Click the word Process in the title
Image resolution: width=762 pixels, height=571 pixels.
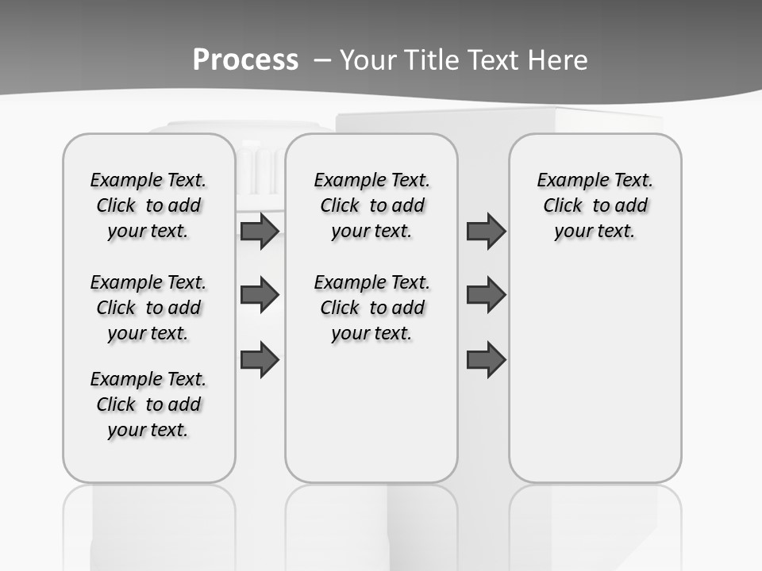tap(245, 59)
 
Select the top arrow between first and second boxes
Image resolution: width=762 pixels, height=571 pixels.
tap(260, 232)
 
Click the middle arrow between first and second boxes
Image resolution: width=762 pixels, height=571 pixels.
tap(260, 295)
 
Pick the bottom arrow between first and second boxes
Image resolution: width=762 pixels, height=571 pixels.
tap(260, 360)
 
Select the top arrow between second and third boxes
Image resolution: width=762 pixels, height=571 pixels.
tap(486, 232)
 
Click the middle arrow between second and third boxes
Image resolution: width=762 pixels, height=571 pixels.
tap(486, 295)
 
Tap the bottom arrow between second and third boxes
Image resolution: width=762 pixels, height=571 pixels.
tap(486, 360)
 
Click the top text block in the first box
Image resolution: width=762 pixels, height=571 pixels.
tap(148, 205)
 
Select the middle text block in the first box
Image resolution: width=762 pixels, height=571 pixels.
tap(148, 308)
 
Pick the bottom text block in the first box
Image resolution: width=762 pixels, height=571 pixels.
tap(148, 404)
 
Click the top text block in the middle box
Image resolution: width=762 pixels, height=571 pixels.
tap(371, 205)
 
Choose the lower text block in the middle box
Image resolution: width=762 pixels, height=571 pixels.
tap(371, 308)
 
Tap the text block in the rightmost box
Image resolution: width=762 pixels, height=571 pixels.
tap(595, 205)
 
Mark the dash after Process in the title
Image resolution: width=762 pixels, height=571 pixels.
tap(321, 59)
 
